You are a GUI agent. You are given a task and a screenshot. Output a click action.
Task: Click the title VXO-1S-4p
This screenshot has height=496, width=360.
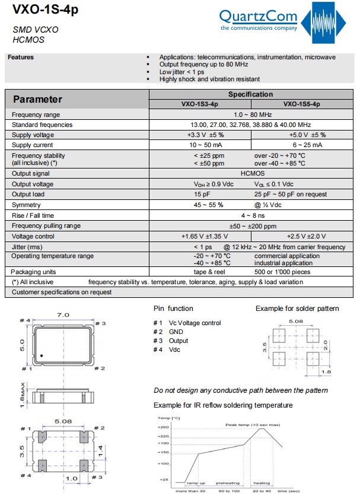coord(39,10)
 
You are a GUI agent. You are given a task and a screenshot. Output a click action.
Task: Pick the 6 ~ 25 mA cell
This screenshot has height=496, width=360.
coord(307,145)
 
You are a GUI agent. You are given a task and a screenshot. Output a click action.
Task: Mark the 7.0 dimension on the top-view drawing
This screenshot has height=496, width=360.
coord(63,314)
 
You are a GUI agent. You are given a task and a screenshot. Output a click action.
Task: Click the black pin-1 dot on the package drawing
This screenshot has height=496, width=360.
coord(42,356)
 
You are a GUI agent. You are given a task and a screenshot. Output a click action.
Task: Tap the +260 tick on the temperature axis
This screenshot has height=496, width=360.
coord(163,427)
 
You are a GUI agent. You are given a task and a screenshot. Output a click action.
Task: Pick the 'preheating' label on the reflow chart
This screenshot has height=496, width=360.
coord(228,483)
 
